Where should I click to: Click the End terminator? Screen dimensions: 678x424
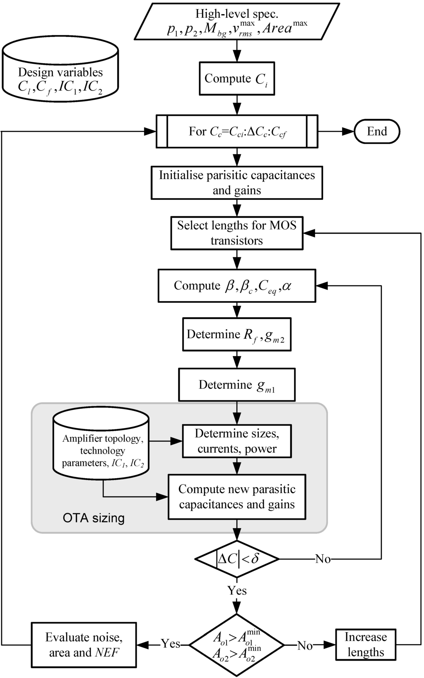(x=377, y=132)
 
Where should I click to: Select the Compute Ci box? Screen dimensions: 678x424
(x=236, y=79)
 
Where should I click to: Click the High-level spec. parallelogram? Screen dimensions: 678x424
(x=237, y=22)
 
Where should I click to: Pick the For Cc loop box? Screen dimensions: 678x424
(x=237, y=132)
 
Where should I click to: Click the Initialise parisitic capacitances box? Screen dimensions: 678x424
(x=237, y=182)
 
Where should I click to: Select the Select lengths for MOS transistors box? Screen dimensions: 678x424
(x=237, y=233)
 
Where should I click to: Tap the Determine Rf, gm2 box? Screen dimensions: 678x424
(x=237, y=334)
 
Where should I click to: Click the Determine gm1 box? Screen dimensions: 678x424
(x=237, y=385)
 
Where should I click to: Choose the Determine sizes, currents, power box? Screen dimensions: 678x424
(x=237, y=441)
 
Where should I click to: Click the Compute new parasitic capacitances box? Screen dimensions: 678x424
(x=237, y=497)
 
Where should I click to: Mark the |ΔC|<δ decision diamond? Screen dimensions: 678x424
(x=237, y=559)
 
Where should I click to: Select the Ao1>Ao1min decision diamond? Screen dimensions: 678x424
(x=237, y=644)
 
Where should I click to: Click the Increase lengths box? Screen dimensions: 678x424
(x=366, y=644)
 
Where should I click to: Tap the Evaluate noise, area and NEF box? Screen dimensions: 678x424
(x=84, y=644)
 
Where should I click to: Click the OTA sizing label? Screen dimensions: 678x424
(x=94, y=518)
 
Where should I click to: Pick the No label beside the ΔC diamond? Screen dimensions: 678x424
(x=323, y=559)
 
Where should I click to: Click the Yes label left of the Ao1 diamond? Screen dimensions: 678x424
(x=171, y=644)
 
